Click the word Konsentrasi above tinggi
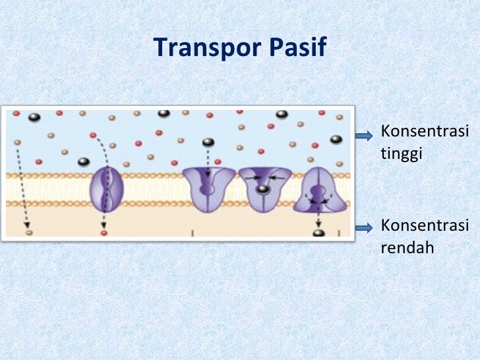point(425,131)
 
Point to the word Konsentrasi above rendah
point(425,227)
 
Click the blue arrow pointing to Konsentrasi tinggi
point(365,136)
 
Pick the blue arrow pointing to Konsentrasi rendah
point(365,228)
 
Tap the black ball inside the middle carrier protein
point(263,190)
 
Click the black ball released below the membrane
point(318,232)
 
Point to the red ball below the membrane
point(104,233)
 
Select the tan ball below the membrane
point(28,232)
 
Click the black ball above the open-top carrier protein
point(208,142)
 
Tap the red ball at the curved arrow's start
point(92,135)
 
